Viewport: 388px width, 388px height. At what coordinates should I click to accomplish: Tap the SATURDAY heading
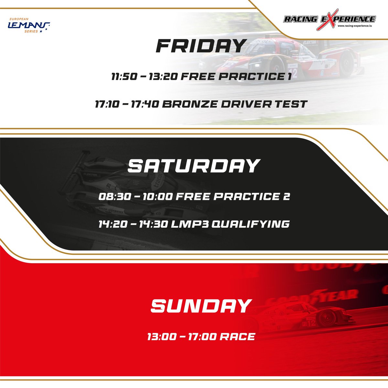coord(193,166)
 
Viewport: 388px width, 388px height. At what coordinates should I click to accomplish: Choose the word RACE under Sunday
coord(237,337)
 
